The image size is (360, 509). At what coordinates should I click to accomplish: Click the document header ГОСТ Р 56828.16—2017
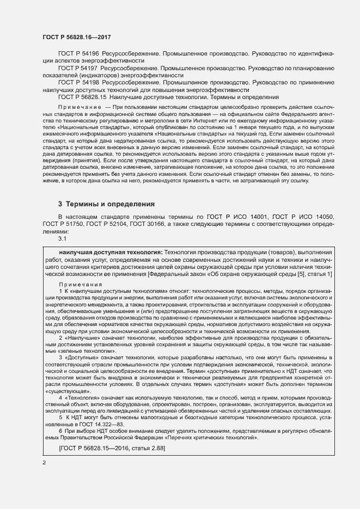pyautogui.click(x=74, y=36)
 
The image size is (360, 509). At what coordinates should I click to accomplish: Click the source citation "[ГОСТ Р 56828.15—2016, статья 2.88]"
pyautogui.click(x=112, y=448)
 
